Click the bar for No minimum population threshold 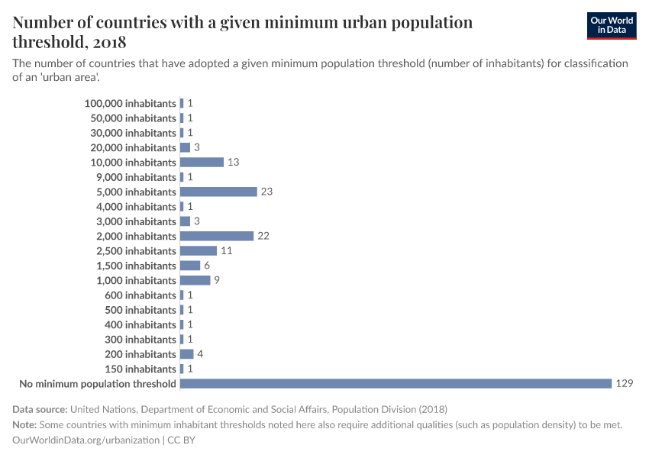[x=396, y=384]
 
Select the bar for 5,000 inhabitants [x=218, y=192]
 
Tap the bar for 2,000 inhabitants [x=216, y=236]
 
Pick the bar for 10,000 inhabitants [x=202, y=162]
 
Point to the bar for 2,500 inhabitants [x=198, y=251]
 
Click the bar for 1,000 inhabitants [x=195, y=280]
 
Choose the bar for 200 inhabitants [x=186, y=354]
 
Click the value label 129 [x=624, y=384]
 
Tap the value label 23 [x=266, y=192]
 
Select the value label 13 [x=233, y=162]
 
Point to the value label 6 [x=206, y=266]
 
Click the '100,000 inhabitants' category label [x=131, y=103]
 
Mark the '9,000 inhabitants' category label [x=136, y=177]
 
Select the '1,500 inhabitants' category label [x=136, y=266]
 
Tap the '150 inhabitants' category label [x=140, y=369]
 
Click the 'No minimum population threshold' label [x=98, y=384]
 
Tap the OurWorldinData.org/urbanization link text [x=86, y=440]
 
